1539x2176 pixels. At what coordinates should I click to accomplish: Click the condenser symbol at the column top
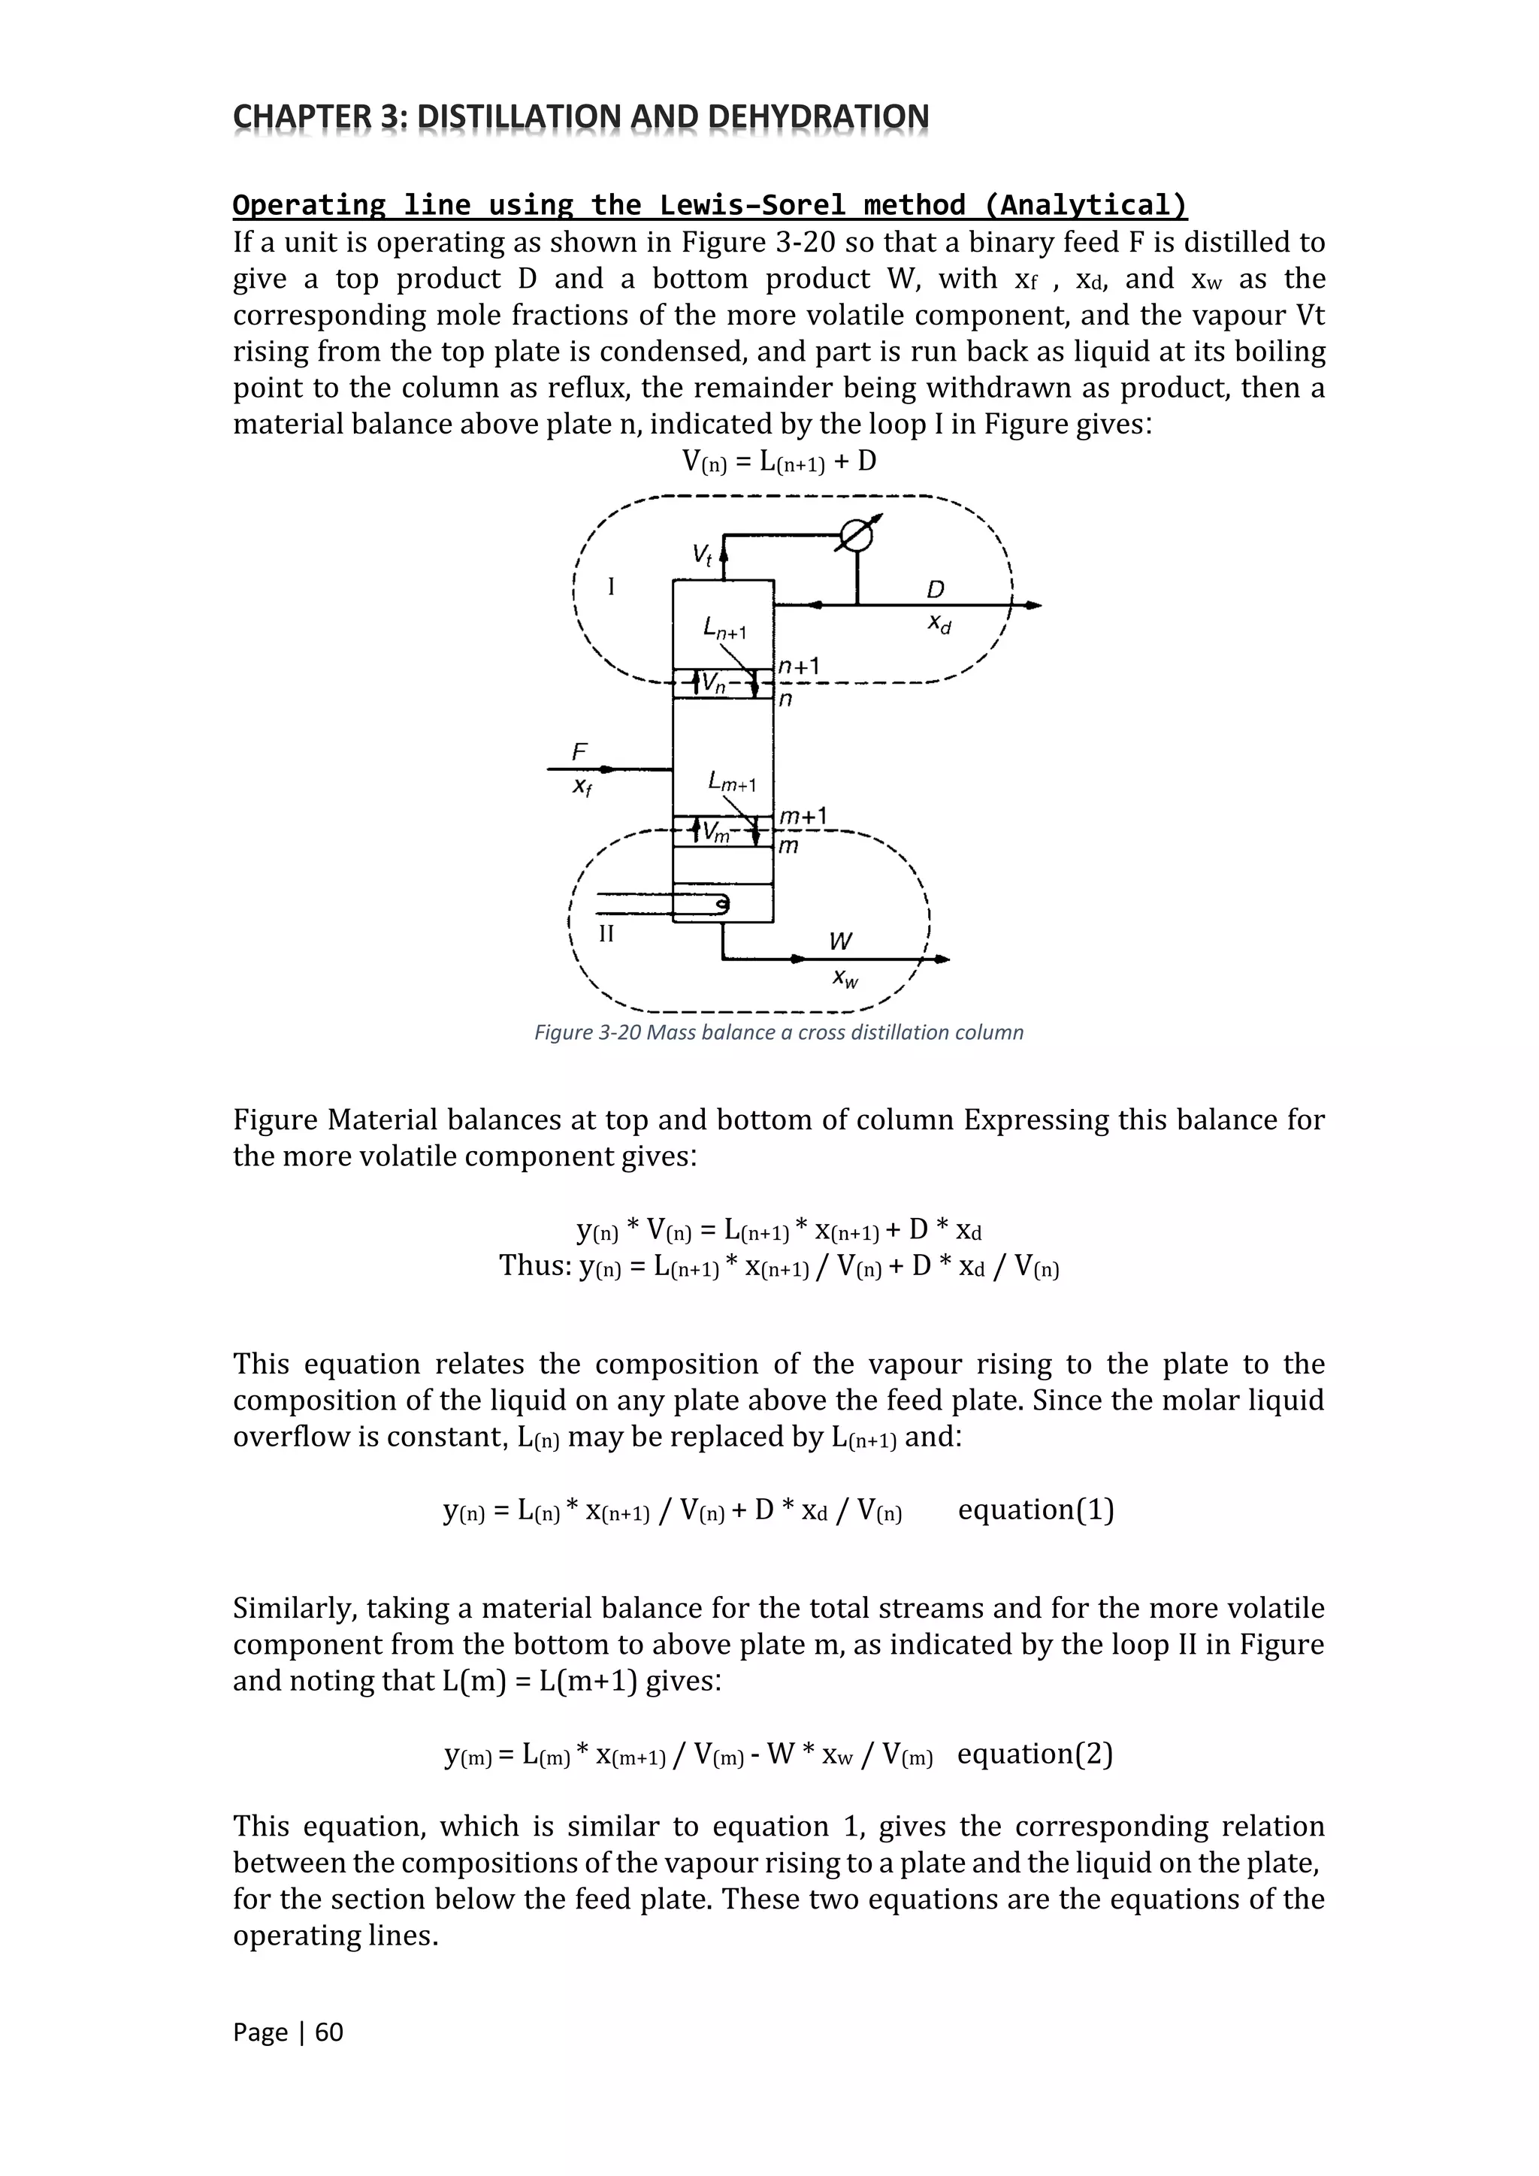point(857,536)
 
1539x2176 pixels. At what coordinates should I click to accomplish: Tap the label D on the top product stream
point(936,590)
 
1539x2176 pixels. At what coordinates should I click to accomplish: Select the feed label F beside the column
point(579,751)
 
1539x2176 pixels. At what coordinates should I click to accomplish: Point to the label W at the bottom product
point(839,941)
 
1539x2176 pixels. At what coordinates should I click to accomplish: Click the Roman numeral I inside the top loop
point(611,587)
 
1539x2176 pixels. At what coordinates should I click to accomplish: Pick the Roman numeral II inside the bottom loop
point(606,933)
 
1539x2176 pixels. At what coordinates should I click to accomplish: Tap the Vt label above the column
point(702,555)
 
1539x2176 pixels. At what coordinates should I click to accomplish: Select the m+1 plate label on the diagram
point(803,816)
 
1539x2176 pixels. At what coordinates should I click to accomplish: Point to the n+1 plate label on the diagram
point(798,667)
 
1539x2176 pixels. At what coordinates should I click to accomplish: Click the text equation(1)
point(1035,1509)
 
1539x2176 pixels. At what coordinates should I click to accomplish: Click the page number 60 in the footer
point(329,2032)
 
